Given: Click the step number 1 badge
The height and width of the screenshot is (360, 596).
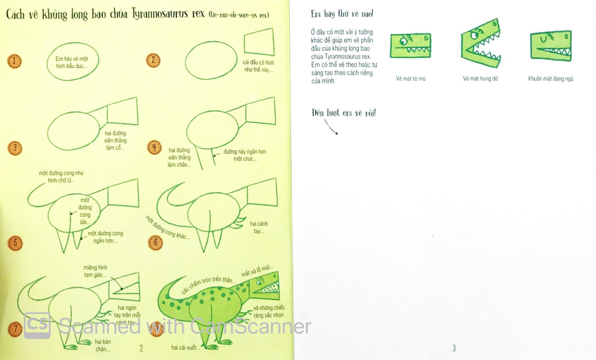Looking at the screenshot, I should pos(14,61).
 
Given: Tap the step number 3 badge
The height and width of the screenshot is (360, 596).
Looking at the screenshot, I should pos(15,148).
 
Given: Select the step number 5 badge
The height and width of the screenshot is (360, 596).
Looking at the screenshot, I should pos(15,243).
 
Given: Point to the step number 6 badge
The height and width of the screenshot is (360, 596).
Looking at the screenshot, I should pos(155,242).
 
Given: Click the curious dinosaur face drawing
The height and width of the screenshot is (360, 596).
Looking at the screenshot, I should pos(410,46).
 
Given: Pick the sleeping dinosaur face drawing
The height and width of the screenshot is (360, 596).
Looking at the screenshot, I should pos(551,46).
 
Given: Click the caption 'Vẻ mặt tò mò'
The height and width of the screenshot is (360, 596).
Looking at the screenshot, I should pos(410,79).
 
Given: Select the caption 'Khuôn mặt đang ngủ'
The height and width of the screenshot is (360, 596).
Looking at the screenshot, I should pos(550,79).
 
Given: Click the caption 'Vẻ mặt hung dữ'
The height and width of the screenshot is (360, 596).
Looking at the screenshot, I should pos(480,79).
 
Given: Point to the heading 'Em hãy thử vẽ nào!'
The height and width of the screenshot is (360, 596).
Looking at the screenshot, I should pos(342,14).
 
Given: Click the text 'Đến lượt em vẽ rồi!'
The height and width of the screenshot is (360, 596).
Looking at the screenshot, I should pos(343,113).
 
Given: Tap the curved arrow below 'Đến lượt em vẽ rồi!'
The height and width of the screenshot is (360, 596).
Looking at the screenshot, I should pos(331,127).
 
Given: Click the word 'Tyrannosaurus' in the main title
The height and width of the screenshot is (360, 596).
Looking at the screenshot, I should pos(160,14).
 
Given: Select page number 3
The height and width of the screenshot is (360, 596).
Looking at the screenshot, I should pos(454,348).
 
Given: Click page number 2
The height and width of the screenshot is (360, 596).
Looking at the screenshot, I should pos(141,348).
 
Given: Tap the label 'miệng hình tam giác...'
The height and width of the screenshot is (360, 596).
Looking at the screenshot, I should pos(95,271).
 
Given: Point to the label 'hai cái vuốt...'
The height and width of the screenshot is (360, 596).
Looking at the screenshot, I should pos(186,348).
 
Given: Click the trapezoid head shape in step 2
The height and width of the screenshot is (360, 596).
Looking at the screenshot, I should pos(259,42).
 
